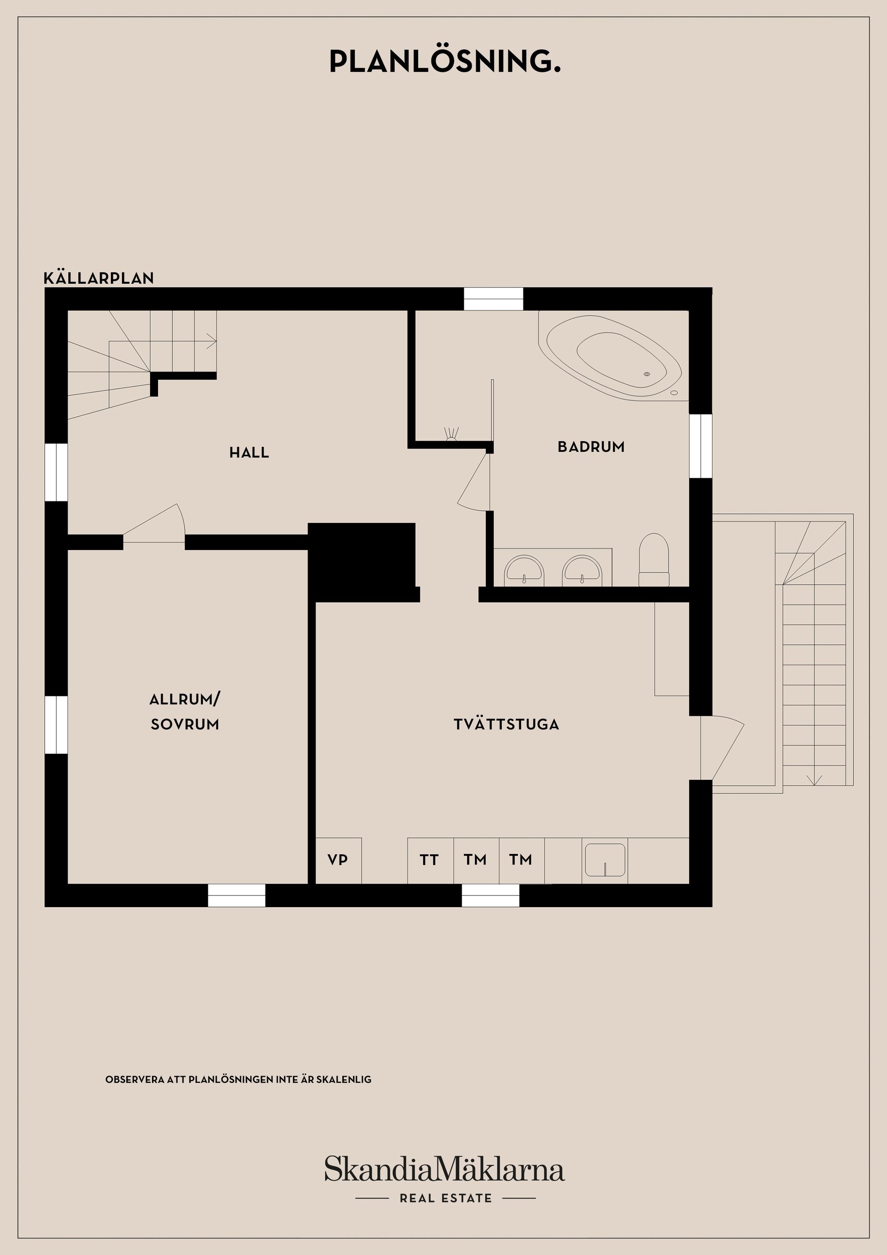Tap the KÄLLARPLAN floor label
click(x=99, y=278)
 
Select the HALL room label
click(x=249, y=452)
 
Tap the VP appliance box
click(x=338, y=860)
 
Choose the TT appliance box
click(x=430, y=860)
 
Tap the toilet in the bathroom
click(x=654, y=560)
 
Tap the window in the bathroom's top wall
click(x=493, y=299)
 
